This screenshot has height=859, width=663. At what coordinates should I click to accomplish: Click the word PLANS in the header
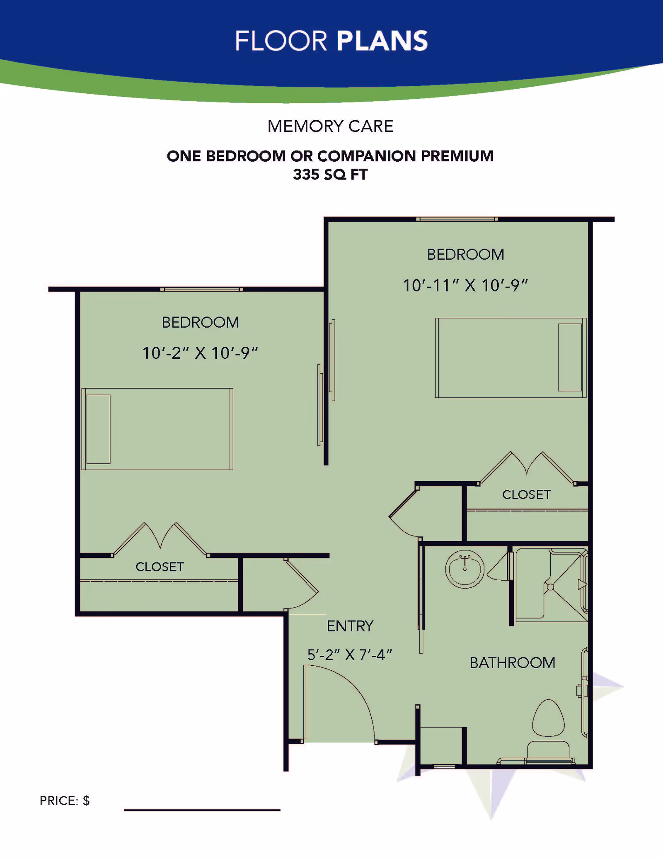click(382, 41)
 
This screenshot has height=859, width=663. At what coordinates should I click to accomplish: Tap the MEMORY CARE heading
click(330, 126)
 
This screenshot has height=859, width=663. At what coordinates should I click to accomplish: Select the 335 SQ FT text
click(330, 175)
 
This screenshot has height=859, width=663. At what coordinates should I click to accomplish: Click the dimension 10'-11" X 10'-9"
click(465, 286)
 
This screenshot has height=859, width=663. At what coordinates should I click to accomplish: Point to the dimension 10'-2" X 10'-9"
click(200, 353)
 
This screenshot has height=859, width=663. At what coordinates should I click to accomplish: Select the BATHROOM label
click(512, 663)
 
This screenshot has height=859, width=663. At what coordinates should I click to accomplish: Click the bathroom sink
click(465, 569)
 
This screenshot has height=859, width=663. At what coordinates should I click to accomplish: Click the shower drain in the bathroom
click(550, 587)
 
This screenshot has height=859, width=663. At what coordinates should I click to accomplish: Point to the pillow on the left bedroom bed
click(99, 429)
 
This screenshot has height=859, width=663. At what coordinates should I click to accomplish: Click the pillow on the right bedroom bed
click(570, 358)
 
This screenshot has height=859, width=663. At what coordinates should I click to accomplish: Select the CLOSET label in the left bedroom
click(160, 567)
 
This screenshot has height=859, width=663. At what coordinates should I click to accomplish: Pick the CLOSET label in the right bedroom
click(526, 495)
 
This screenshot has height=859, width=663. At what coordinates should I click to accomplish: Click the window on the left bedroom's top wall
click(201, 289)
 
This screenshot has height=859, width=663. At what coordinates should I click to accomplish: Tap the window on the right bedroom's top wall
click(457, 219)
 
